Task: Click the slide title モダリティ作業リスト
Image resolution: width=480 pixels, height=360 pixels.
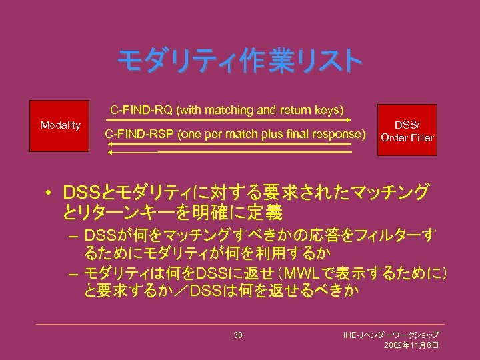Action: (x=240, y=62)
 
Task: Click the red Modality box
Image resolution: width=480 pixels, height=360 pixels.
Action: (x=61, y=125)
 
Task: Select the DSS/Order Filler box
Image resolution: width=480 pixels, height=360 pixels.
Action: (x=407, y=131)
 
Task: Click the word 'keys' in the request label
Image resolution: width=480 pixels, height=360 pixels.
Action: (x=328, y=109)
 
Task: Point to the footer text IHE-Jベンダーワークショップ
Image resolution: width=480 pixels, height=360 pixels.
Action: (x=390, y=334)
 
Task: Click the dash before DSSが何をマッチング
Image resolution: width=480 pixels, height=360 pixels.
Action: (x=73, y=236)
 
